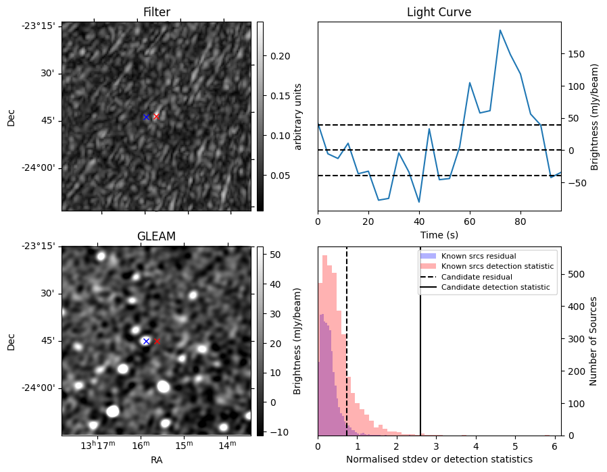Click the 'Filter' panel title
pyautogui.click(x=157, y=12)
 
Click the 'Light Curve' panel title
pyautogui.click(x=439, y=12)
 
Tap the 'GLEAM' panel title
pyautogui.click(x=157, y=236)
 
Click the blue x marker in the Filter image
pyautogui.click(x=146, y=117)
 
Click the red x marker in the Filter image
pyautogui.click(x=157, y=116)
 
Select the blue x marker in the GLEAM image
pyautogui.click(x=146, y=341)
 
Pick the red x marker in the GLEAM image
pyautogui.click(x=157, y=341)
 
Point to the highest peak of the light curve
pyautogui.click(x=500, y=30)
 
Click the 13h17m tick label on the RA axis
pyautogui.click(x=98, y=444)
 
